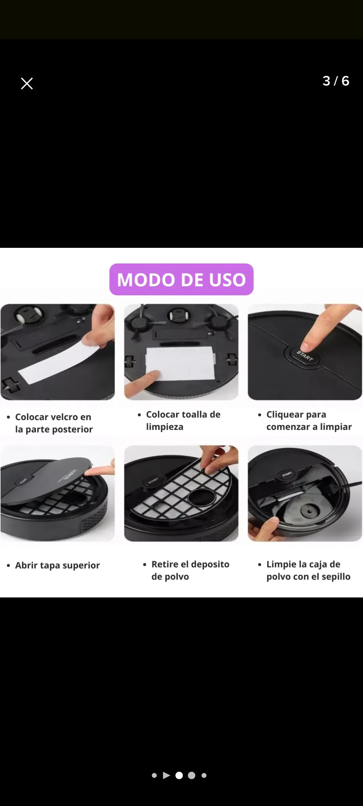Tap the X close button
click(x=27, y=84)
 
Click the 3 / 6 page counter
click(x=336, y=81)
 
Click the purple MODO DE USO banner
click(x=182, y=279)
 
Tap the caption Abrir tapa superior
click(x=57, y=566)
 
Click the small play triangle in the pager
click(x=166, y=775)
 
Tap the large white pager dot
click(x=179, y=775)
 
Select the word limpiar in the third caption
click(x=336, y=427)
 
